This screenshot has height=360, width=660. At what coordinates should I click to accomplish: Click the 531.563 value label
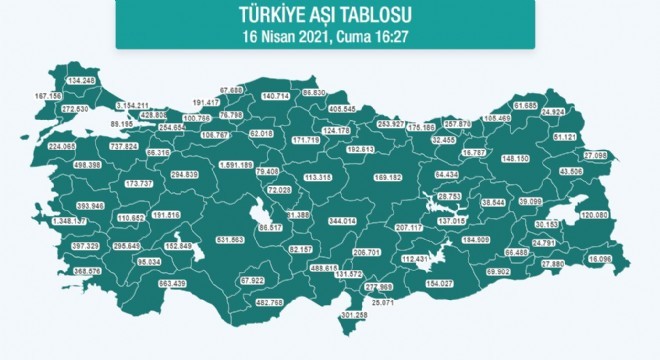[231, 239]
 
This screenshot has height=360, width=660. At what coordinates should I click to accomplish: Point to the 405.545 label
[370, 108]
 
